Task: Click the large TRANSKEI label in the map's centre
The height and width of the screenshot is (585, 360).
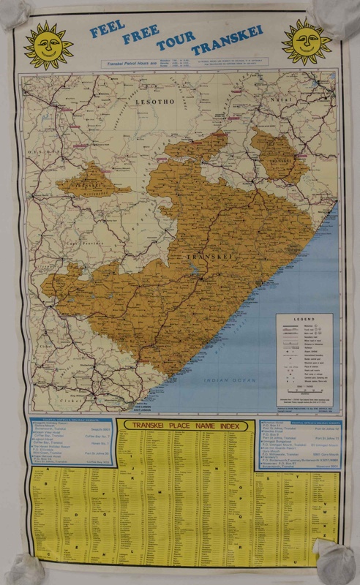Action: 207,257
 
